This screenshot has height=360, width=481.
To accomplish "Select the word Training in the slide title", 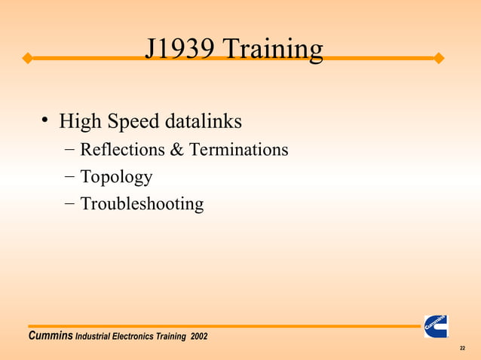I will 274,50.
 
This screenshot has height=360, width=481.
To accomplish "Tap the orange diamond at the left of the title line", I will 26,58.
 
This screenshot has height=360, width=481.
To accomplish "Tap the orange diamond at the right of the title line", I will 440,58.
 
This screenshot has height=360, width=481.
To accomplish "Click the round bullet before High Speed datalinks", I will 46,120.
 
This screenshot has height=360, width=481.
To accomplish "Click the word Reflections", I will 122,150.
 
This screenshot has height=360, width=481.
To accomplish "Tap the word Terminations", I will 238,150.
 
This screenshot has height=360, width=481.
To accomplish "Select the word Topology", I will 116,178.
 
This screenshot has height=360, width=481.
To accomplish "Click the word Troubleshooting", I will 142,204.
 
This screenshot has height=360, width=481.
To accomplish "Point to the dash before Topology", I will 69,177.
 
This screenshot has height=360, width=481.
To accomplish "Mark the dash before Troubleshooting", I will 69,203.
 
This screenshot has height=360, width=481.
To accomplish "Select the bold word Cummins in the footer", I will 50,335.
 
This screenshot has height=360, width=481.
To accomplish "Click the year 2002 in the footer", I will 199,335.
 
